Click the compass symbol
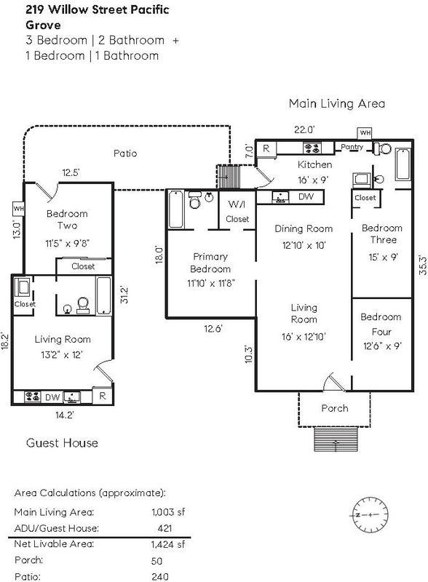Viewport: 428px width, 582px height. click(370, 515)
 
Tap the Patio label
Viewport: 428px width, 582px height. click(125, 154)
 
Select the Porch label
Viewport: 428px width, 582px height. click(335, 408)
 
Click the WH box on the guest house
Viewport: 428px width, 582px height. click(19, 209)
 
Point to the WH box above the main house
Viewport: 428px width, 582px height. click(365, 133)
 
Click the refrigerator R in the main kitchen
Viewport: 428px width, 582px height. click(266, 148)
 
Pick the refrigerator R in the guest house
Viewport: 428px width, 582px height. click(103, 396)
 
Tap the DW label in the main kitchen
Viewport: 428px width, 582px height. click(306, 196)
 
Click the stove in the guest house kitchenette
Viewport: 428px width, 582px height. click(33, 396)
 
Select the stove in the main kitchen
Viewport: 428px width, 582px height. click(312, 148)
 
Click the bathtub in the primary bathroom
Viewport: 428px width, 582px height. click(175, 209)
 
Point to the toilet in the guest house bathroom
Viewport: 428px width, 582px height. click(83, 306)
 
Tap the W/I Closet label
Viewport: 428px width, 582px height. click(237, 211)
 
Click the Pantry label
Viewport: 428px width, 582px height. click(352, 147)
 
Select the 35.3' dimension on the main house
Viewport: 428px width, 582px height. click(422, 265)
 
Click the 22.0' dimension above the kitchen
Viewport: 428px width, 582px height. click(304, 129)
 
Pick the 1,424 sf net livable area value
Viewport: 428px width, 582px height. click(168, 544)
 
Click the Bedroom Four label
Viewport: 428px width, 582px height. click(381, 324)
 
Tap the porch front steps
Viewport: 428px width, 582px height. click(336, 439)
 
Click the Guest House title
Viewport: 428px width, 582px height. click(62, 443)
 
